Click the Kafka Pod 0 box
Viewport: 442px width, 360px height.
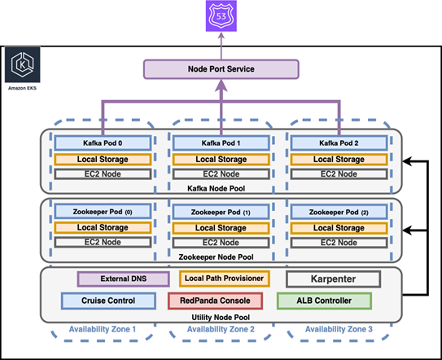coord(92,143)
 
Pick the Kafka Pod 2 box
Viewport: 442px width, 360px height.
coord(339,143)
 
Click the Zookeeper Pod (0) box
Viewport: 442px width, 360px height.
coord(92,213)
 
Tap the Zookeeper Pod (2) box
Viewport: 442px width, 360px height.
coord(339,213)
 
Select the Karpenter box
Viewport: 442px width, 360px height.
coord(333,279)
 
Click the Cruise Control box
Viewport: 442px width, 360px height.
coord(108,301)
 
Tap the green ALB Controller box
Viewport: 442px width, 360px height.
coord(323,301)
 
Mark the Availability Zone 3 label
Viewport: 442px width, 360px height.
coord(338,329)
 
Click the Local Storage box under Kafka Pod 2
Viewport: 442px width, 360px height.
coord(339,159)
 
